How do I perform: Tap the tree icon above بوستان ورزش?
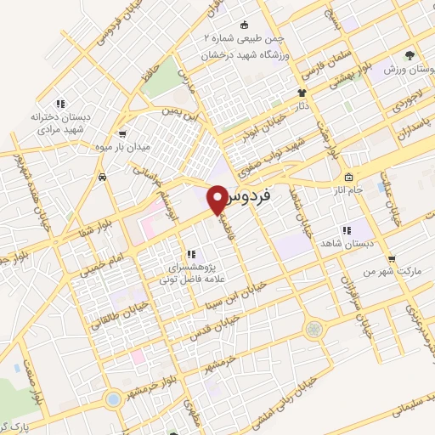(410, 54)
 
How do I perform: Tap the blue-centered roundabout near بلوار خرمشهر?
(112, 398)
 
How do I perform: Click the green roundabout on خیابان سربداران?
(315, 328)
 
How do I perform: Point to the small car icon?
(103, 178)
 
